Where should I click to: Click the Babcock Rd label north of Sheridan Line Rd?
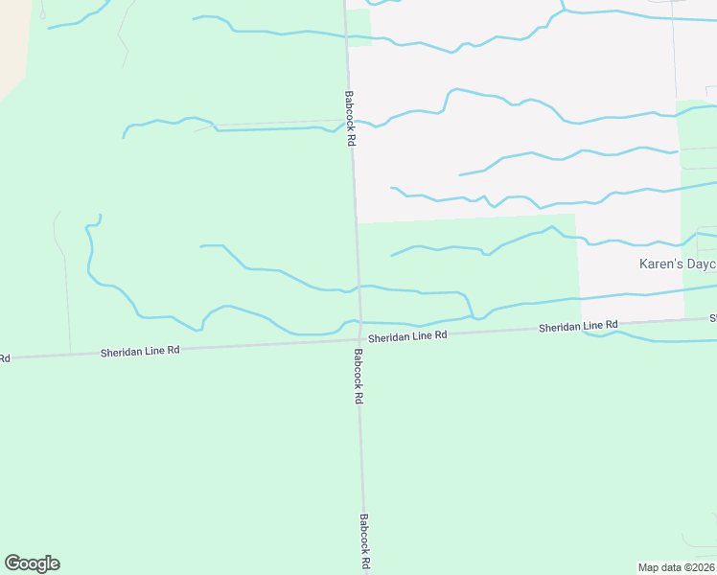coord(351,118)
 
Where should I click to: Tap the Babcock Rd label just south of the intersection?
coord(358,375)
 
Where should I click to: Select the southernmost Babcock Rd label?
coord(365,542)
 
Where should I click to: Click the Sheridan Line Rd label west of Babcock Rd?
coord(140,352)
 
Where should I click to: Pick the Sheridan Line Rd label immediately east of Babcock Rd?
coord(407,336)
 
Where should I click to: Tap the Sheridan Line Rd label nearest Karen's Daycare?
coord(578,327)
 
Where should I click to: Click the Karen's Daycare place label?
coord(678,264)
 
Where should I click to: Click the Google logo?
coord(32,563)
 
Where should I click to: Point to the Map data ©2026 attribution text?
coord(676,567)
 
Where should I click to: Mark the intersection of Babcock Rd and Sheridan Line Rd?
coord(360,338)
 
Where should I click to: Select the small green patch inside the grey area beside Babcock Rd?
coord(358,27)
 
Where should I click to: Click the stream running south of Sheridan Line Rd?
coord(661,337)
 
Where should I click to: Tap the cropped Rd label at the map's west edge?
coord(4,358)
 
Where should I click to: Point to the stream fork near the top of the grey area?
coord(562,11)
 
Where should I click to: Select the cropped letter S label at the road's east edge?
coord(713,317)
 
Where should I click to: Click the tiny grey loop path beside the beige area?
coord(42,11)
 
